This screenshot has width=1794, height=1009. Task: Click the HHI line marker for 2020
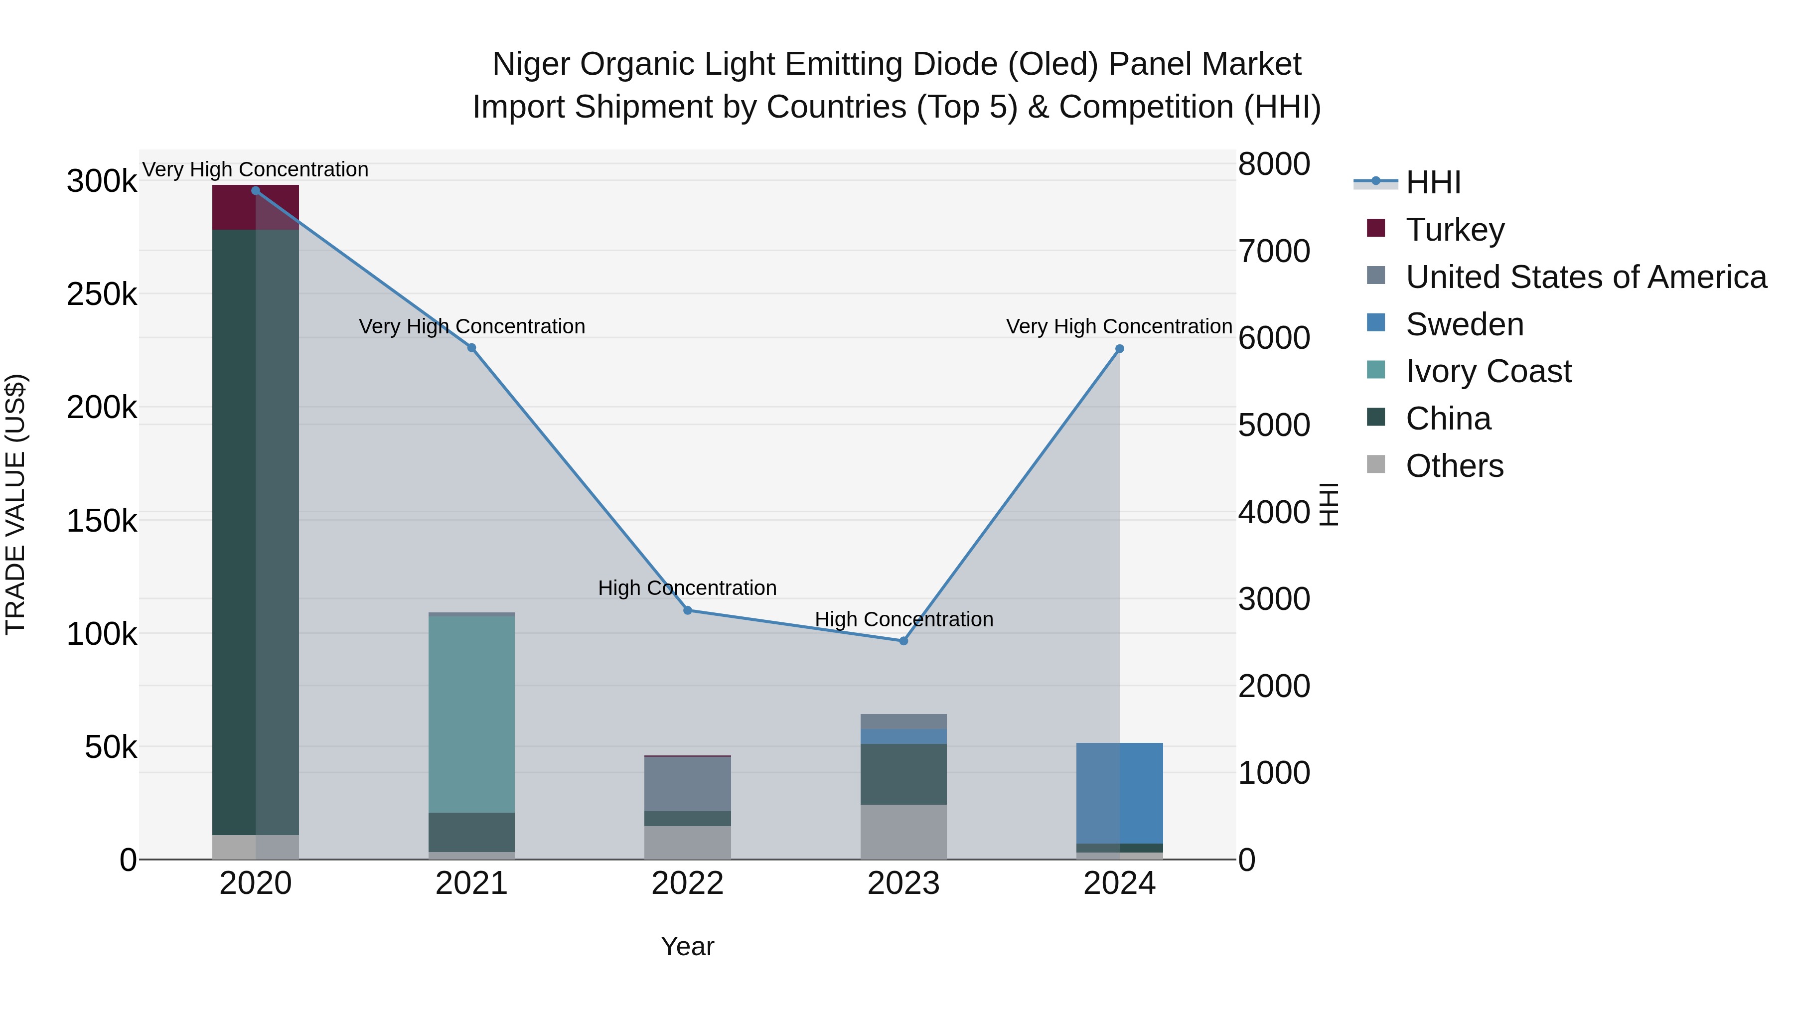(256, 191)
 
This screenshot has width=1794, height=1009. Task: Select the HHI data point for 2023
(904, 641)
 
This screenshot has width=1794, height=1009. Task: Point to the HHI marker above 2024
(1119, 349)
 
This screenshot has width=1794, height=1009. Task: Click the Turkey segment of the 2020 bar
(256, 207)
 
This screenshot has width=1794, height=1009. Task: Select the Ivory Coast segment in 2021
(471, 714)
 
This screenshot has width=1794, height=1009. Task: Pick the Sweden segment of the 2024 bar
(1119, 793)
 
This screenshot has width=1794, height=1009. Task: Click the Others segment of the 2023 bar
(904, 832)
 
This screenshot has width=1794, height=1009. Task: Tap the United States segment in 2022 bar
(687, 783)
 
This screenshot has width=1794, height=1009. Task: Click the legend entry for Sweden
(1465, 324)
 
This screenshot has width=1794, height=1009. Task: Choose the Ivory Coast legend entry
(1488, 371)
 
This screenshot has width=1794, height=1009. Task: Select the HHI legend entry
(1433, 182)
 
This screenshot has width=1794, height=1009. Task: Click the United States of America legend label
(1586, 277)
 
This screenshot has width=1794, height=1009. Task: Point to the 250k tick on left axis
(102, 294)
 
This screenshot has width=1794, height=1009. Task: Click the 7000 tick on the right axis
(1274, 252)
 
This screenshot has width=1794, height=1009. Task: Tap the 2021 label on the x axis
(471, 883)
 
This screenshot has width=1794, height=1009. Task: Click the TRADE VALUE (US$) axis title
(16, 504)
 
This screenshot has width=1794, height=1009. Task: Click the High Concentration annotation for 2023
(904, 619)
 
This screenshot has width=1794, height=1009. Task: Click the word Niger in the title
(531, 65)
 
